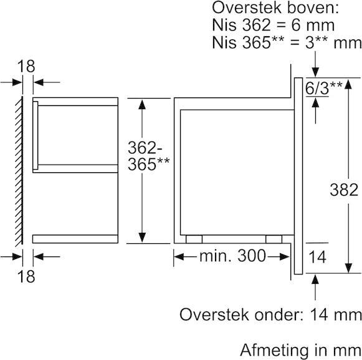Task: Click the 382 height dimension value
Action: click(x=344, y=190)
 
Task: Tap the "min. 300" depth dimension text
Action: click(x=233, y=256)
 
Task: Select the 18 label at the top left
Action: click(x=26, y=66)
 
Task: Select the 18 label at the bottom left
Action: click(x=26, y=276)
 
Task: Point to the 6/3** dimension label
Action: click(x=323, y=88)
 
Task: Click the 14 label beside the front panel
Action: click(x=317, y=257)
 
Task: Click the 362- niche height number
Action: click(x=145, y=147)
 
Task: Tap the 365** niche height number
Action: click(x=148, y=164)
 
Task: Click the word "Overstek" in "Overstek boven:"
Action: click(x=247, y=8)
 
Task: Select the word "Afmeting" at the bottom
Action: click(x=274, y=350)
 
